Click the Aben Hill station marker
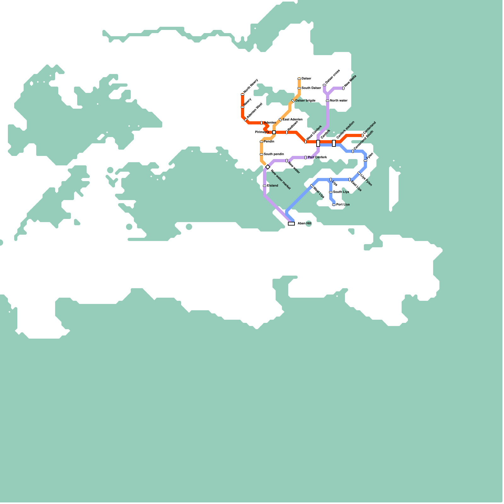(x=291, y=224)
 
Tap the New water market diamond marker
(x=268, y=167)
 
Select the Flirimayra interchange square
(x=274, y=132)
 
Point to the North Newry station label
(x=251, y=86)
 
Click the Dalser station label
(x=306, y=79)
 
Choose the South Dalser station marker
(x=299, y=88)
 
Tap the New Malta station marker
(x=343, y=88)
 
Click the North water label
(x=339, y=101)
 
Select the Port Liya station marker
(x=334, y=205)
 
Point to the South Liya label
(x=341, y=192)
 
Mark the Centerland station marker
(x=362, y=135)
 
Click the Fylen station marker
(x=365, y=161)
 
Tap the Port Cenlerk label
(x=317, y=157)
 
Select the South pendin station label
(x=274, y=154)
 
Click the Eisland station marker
(x=265, y=186)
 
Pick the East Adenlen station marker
(x=280, y=120)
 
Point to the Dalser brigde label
(x=305, y=101)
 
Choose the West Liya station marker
(x=312, y=186)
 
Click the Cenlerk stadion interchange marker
(x=334, y=143)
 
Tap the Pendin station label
(x=269, y=142)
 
